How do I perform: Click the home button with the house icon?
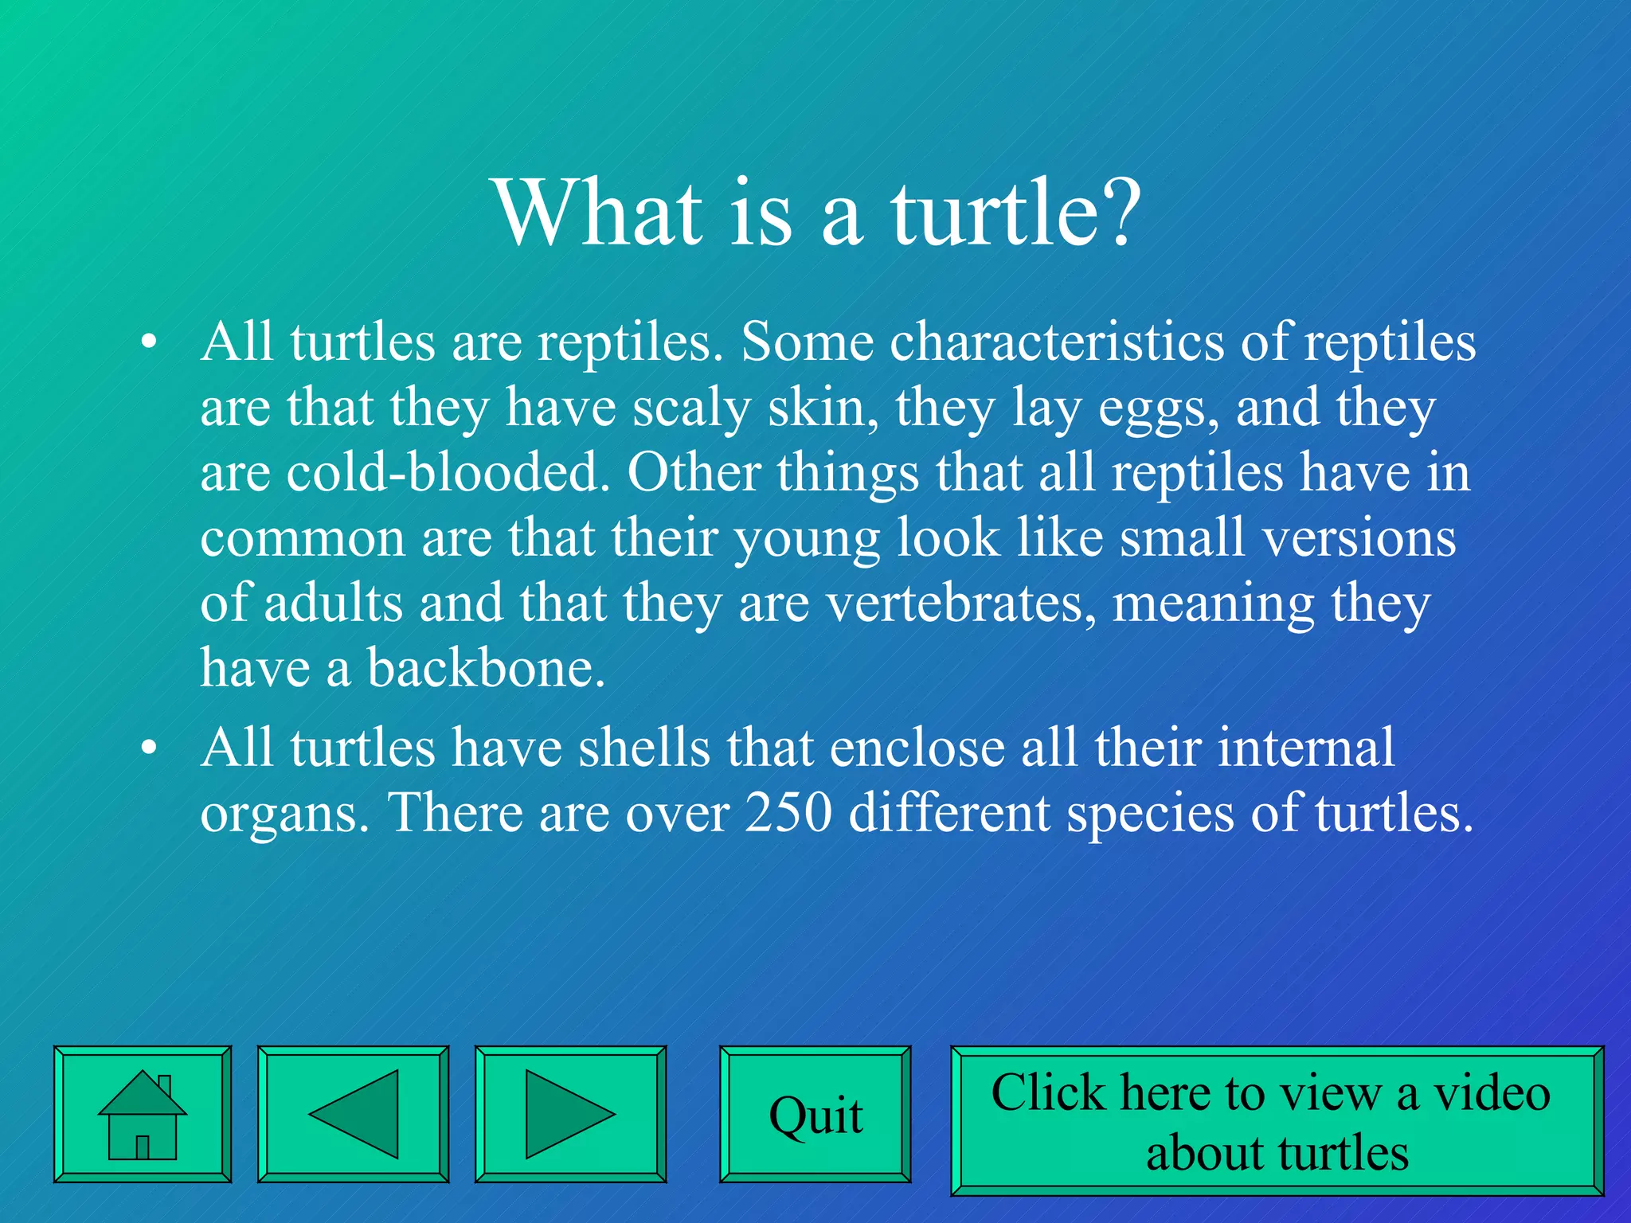pos(143,1114)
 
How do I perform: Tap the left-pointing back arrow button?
pos(353,1114)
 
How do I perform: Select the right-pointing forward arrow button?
pos(570,1114)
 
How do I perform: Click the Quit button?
pos(815,1114)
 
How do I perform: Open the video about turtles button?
pos(1277,1120)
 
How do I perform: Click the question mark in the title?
pos(1113,213)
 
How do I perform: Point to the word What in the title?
pos(598,213)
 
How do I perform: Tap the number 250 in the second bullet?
pos(788,813)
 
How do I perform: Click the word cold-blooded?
pos(443,472)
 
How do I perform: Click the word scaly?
pos(691,408)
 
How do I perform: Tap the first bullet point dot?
pos(148,343)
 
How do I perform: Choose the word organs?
pos(284,815)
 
